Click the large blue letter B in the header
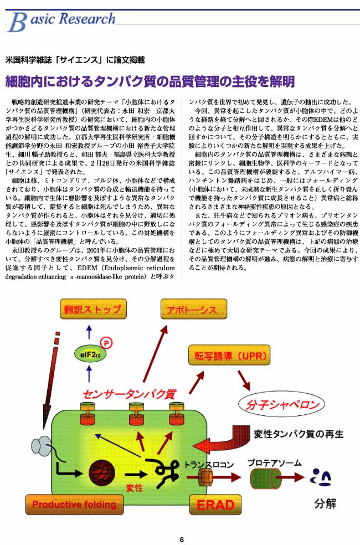(17, 22)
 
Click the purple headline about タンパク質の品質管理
(150, 81)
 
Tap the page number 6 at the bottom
(182, 539)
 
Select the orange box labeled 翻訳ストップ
(93, 309)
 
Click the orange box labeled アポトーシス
(194, 309)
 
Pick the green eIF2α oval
(90, 355)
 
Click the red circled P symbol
(106, 343)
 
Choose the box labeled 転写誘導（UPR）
(229, 355)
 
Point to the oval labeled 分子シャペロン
(282, 404)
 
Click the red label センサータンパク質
(130, 394)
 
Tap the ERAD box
(215, 505)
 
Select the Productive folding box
(74, 505)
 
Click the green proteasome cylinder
(265, 479)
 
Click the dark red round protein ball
(102, 472)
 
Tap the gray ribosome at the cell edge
(42, 448)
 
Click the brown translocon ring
(205, 477)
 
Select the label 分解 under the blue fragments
(325, 503)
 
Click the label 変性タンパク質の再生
(299, 434)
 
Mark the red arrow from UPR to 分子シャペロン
(244, 380)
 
